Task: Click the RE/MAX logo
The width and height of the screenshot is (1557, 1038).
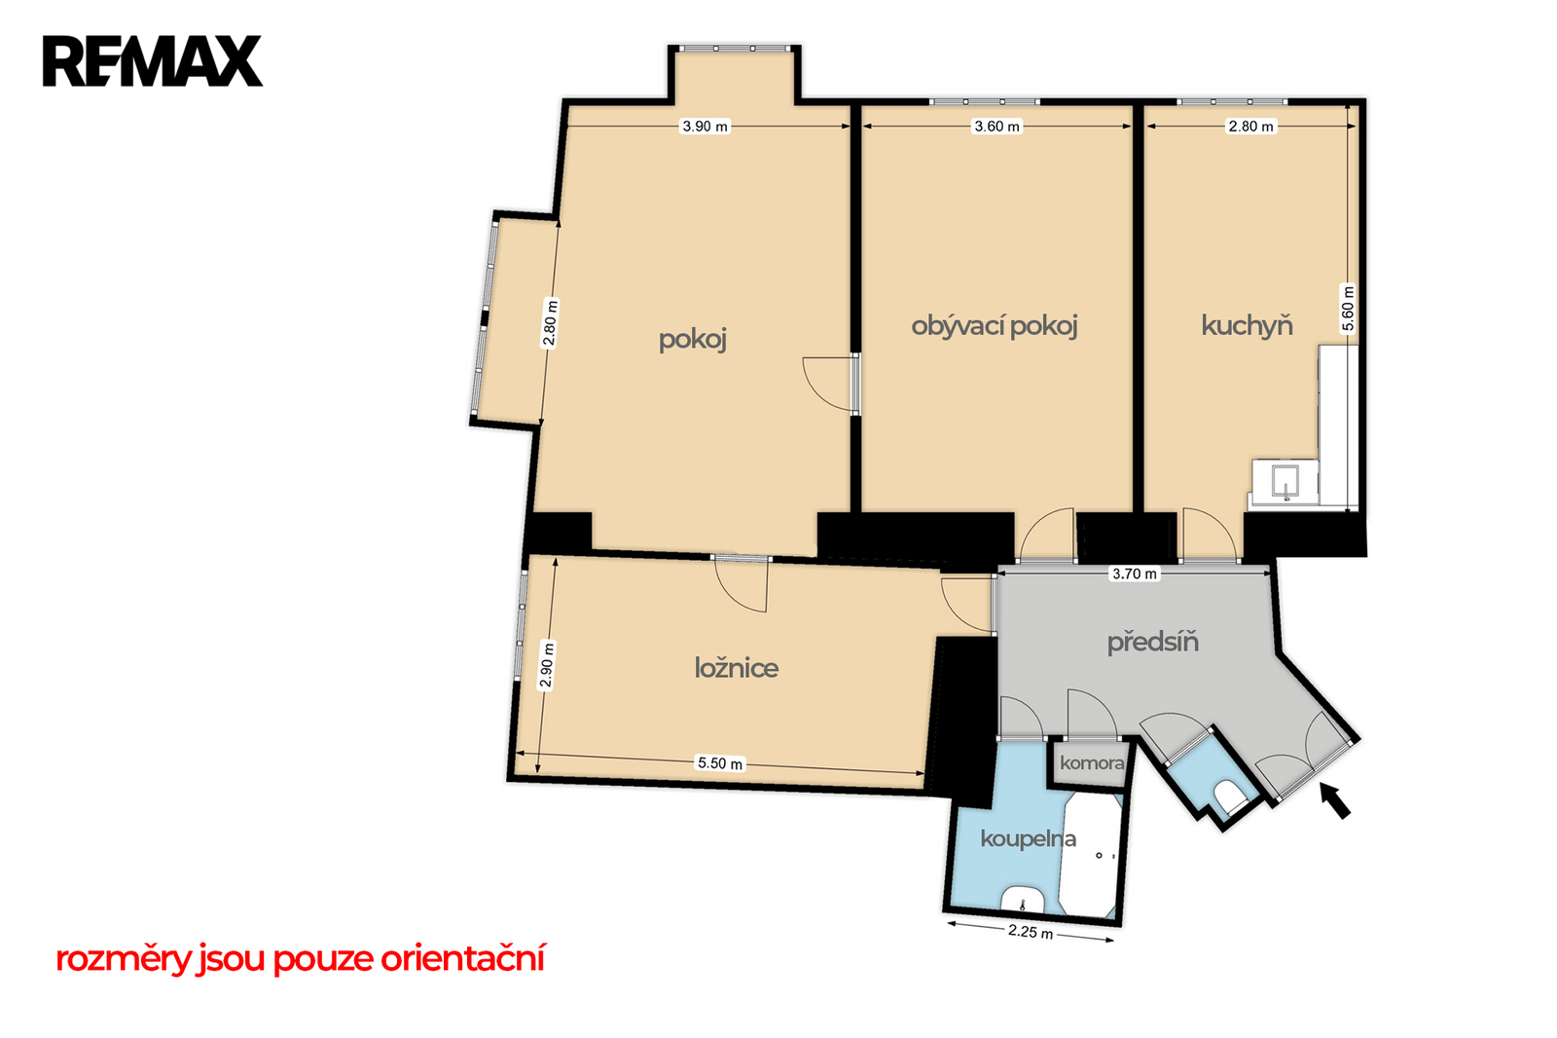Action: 152,61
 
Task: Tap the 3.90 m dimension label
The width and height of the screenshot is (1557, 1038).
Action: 705,127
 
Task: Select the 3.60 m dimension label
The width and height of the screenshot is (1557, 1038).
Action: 996,127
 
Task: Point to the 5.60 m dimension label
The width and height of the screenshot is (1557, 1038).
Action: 1348,309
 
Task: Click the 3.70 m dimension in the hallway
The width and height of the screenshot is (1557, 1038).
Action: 1135,574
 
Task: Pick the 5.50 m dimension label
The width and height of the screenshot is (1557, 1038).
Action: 720,763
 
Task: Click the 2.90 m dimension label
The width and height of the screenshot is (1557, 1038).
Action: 547,664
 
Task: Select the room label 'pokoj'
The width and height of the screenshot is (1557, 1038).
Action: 692,340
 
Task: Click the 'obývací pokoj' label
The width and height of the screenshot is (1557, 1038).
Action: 994,326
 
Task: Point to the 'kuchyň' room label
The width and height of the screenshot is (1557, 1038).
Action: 1247,325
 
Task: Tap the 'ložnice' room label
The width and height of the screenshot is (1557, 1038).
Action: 736,668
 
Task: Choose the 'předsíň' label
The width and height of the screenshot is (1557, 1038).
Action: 1152,642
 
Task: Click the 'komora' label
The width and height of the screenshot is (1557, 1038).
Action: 1091,763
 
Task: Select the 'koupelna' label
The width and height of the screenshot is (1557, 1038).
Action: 1028,839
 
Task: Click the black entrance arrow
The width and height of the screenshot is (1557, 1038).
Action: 1335,800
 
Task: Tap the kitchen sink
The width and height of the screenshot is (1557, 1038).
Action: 1285,481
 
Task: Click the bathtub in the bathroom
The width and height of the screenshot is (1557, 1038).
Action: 1090,855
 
